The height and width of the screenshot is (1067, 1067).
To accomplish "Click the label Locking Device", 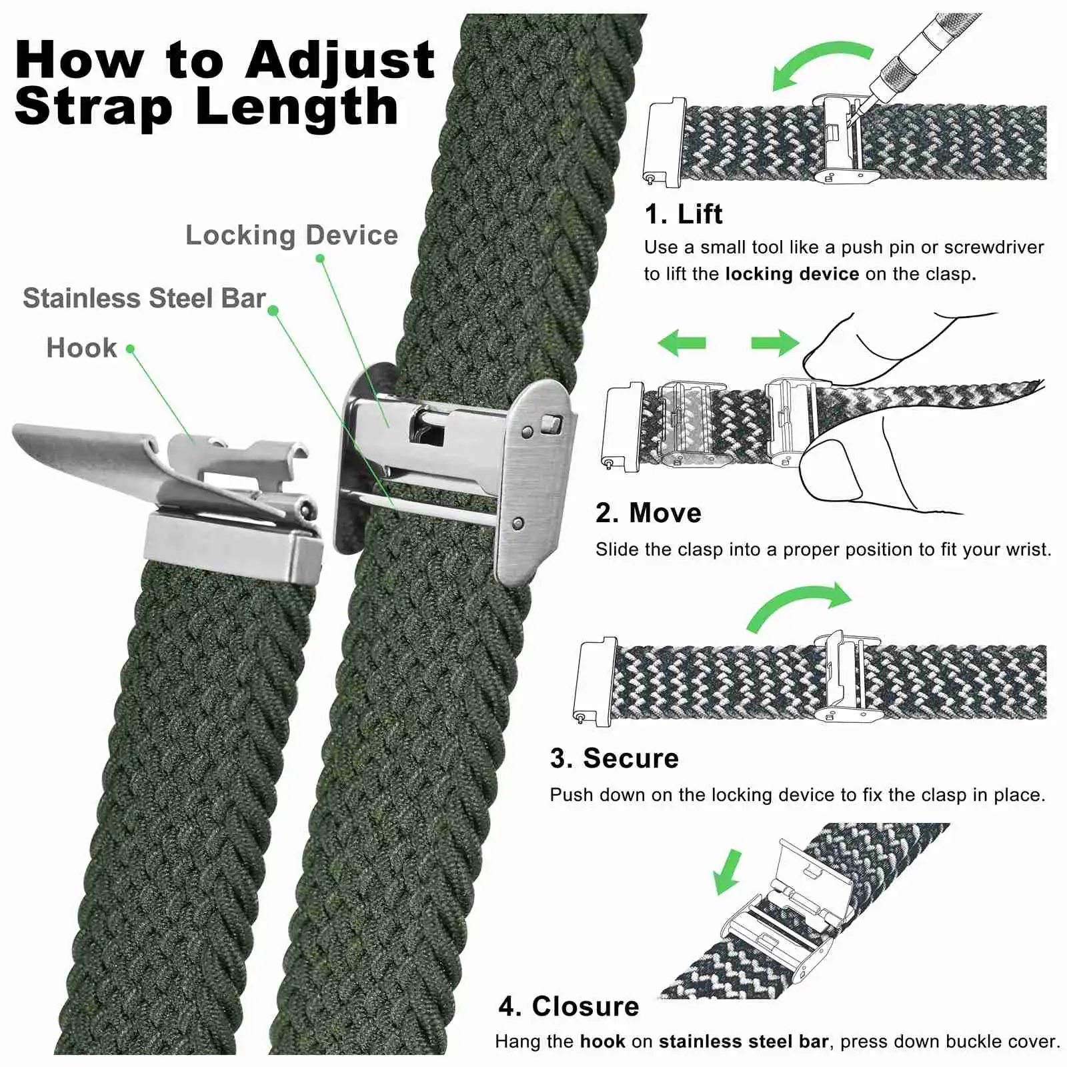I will pos(291,235).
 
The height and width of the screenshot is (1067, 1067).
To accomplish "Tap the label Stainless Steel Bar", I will pos(144,299).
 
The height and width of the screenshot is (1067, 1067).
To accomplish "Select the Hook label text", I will pos(81,348).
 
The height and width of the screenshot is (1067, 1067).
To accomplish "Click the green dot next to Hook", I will pos(131,349).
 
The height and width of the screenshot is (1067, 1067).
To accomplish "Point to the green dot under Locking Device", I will pos(320,258).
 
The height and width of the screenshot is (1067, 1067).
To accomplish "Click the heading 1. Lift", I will pos(683,214).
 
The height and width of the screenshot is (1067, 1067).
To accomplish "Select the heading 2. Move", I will pos(648,513).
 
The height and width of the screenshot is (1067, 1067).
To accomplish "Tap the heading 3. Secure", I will pos(614,758).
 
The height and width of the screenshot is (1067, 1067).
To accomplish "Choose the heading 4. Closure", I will pos(569,1006).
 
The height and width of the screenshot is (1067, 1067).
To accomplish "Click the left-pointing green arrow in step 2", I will pos(682,343).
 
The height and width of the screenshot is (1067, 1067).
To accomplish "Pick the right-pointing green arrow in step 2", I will pos(775,343).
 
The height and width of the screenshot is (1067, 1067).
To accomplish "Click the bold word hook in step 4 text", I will pos(602,1042).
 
